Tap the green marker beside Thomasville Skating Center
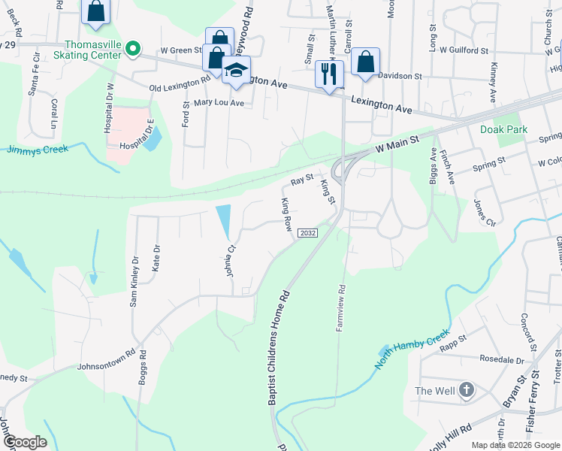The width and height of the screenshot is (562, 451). [133, 50]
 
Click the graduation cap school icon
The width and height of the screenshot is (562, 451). [235, 71]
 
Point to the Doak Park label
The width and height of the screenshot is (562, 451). [503, 129]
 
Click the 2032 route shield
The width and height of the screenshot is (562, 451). [307, 233]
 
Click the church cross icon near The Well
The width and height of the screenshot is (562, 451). [467, 390]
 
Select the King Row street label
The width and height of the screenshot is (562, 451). [286, 214]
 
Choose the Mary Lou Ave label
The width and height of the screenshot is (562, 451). [219, 103]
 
